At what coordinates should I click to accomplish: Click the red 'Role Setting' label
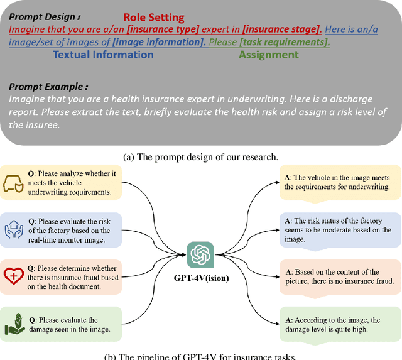pos(154,17)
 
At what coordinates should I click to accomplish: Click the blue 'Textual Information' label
pos(104,55)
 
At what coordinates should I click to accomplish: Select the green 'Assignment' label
pos(268,55)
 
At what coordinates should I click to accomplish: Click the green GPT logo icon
pos(200,254)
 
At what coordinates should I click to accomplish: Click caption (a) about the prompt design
pos(201,156)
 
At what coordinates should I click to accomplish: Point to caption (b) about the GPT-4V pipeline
pos(201,356)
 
